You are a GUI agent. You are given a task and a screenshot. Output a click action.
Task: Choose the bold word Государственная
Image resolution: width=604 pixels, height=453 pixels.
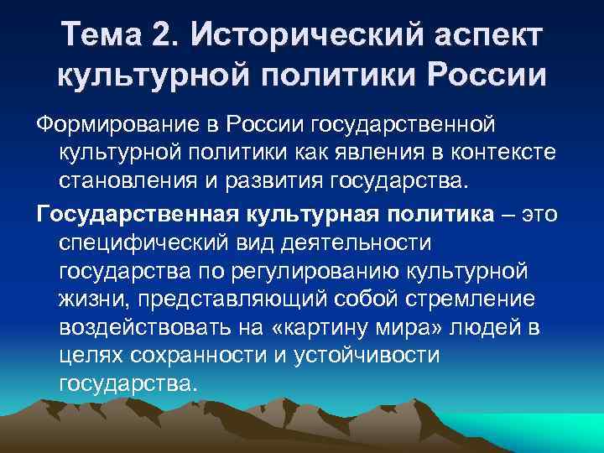pos(138,214)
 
